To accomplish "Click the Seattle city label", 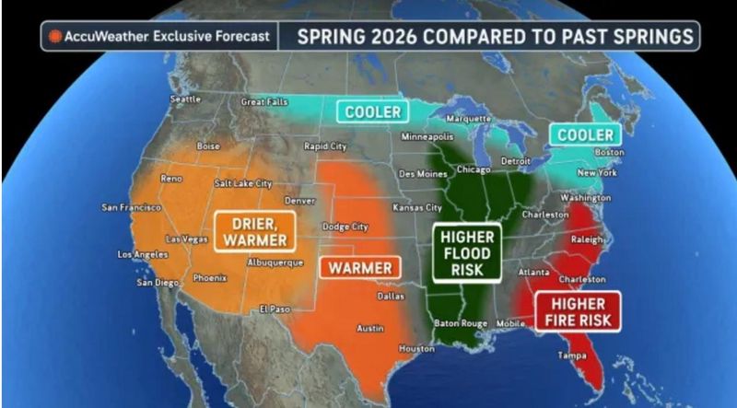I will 185,99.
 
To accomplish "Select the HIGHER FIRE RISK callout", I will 579,311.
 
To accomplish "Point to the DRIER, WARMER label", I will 255,231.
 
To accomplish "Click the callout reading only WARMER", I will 360,268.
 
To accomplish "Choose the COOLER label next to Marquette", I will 373,111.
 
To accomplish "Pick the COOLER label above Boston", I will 582,134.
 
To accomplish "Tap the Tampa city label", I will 565,356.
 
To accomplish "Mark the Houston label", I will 415,348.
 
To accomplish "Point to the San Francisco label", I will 131,207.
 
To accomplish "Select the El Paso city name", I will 275,309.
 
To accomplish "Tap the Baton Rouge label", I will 459,323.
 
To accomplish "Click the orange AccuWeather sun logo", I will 55,37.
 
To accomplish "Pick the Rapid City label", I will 325,146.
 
